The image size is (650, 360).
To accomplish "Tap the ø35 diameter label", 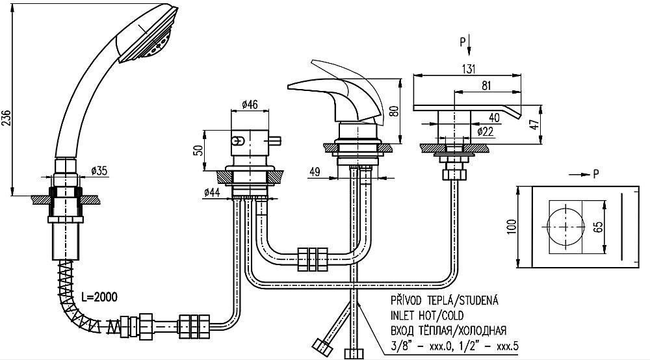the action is (x=99, y=170).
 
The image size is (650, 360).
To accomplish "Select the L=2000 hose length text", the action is (x=99, y=296).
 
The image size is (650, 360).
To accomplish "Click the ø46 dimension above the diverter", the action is (x=250, y=105).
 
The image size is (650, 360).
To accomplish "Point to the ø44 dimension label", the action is (x=212, y=192).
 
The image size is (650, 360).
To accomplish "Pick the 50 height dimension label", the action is (x=200, y=150).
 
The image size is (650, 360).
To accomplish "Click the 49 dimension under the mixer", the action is (x=315, y=171).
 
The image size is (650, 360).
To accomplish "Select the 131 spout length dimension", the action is (x=468, y=69).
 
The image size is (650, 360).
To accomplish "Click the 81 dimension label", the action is (x=486, y=85).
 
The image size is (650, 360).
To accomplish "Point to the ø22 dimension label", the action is (x=485, y=131).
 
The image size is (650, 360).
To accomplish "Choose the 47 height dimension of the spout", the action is (x=536, y=124).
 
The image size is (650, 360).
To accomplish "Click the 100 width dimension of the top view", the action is (x=512, y=227).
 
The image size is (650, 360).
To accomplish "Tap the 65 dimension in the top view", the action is (x=598, y=227).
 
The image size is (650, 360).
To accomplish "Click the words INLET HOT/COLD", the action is (x=427, y=316).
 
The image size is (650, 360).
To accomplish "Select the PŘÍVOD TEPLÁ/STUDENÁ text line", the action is (x=445, y=300).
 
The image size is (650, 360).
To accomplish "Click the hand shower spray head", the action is (x=148, y=33).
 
